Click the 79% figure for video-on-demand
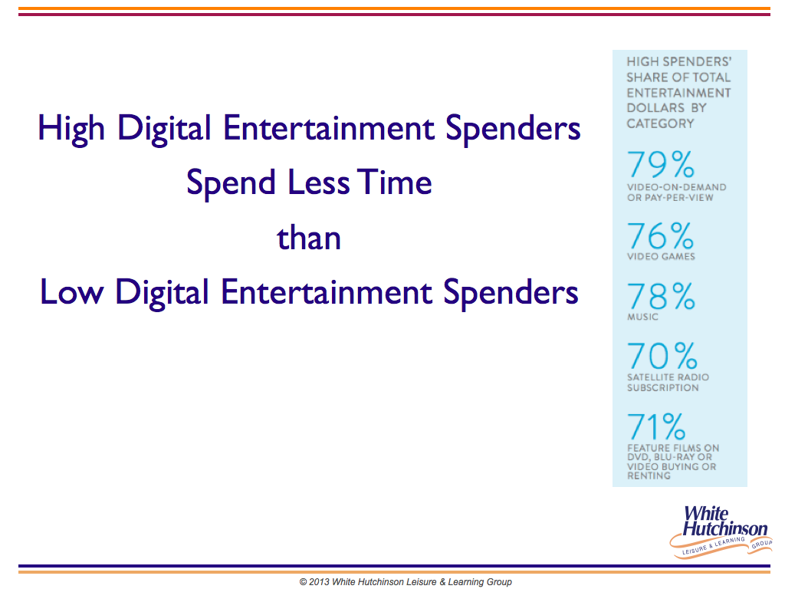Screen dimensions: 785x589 [x=660, y=164]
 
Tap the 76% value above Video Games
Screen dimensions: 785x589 [x=660, y=235]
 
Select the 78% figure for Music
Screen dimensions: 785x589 [x=661, y=296]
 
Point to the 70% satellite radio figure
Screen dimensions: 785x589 [x=662, y=356]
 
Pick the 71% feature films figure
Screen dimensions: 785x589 [x=656, y=426]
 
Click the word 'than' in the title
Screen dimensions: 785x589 [x=309, y=238]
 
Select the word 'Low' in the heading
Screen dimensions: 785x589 [x=71, y=292]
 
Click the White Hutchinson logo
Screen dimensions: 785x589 [x=721, y=531]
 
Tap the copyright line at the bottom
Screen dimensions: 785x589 [x=406, y=581]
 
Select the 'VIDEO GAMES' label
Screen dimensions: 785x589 [x=661, y=256]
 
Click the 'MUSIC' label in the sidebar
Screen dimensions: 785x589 [x=642, y=317]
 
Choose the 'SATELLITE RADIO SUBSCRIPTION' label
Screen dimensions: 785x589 [x=668, y=382]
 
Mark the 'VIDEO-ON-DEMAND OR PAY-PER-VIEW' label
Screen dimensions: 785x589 [x=676, y=192]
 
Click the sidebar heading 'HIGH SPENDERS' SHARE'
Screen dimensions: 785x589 [x=679, y=70]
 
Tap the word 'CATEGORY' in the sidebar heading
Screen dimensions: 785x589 [x=660, y=123]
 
